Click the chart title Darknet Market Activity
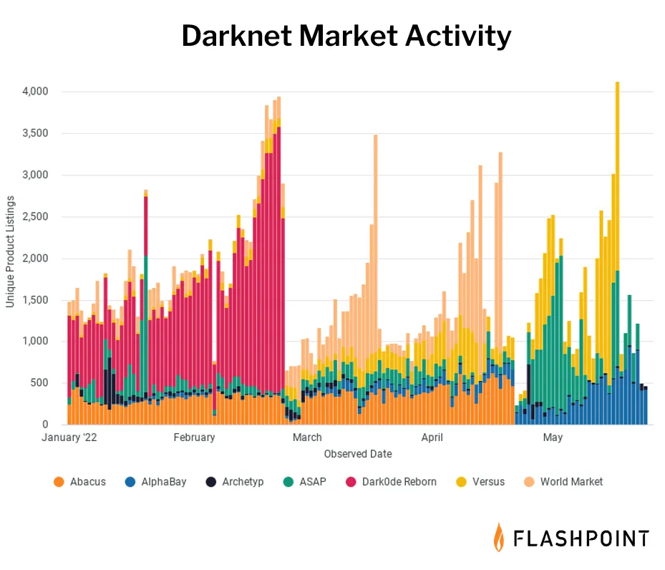(x=346, y=36)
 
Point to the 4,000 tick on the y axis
(x=35, y=92)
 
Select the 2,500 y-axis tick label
(x=35, y=217)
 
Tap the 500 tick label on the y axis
(x=39, y=383)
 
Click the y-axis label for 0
(x=44, y=425)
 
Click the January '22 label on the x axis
(x=69, y=438)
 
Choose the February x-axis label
(x=194, y=438)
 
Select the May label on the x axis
(x=552, y=438)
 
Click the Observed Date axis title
(x=358, y=454)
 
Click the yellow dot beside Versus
(x=461, y=482)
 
